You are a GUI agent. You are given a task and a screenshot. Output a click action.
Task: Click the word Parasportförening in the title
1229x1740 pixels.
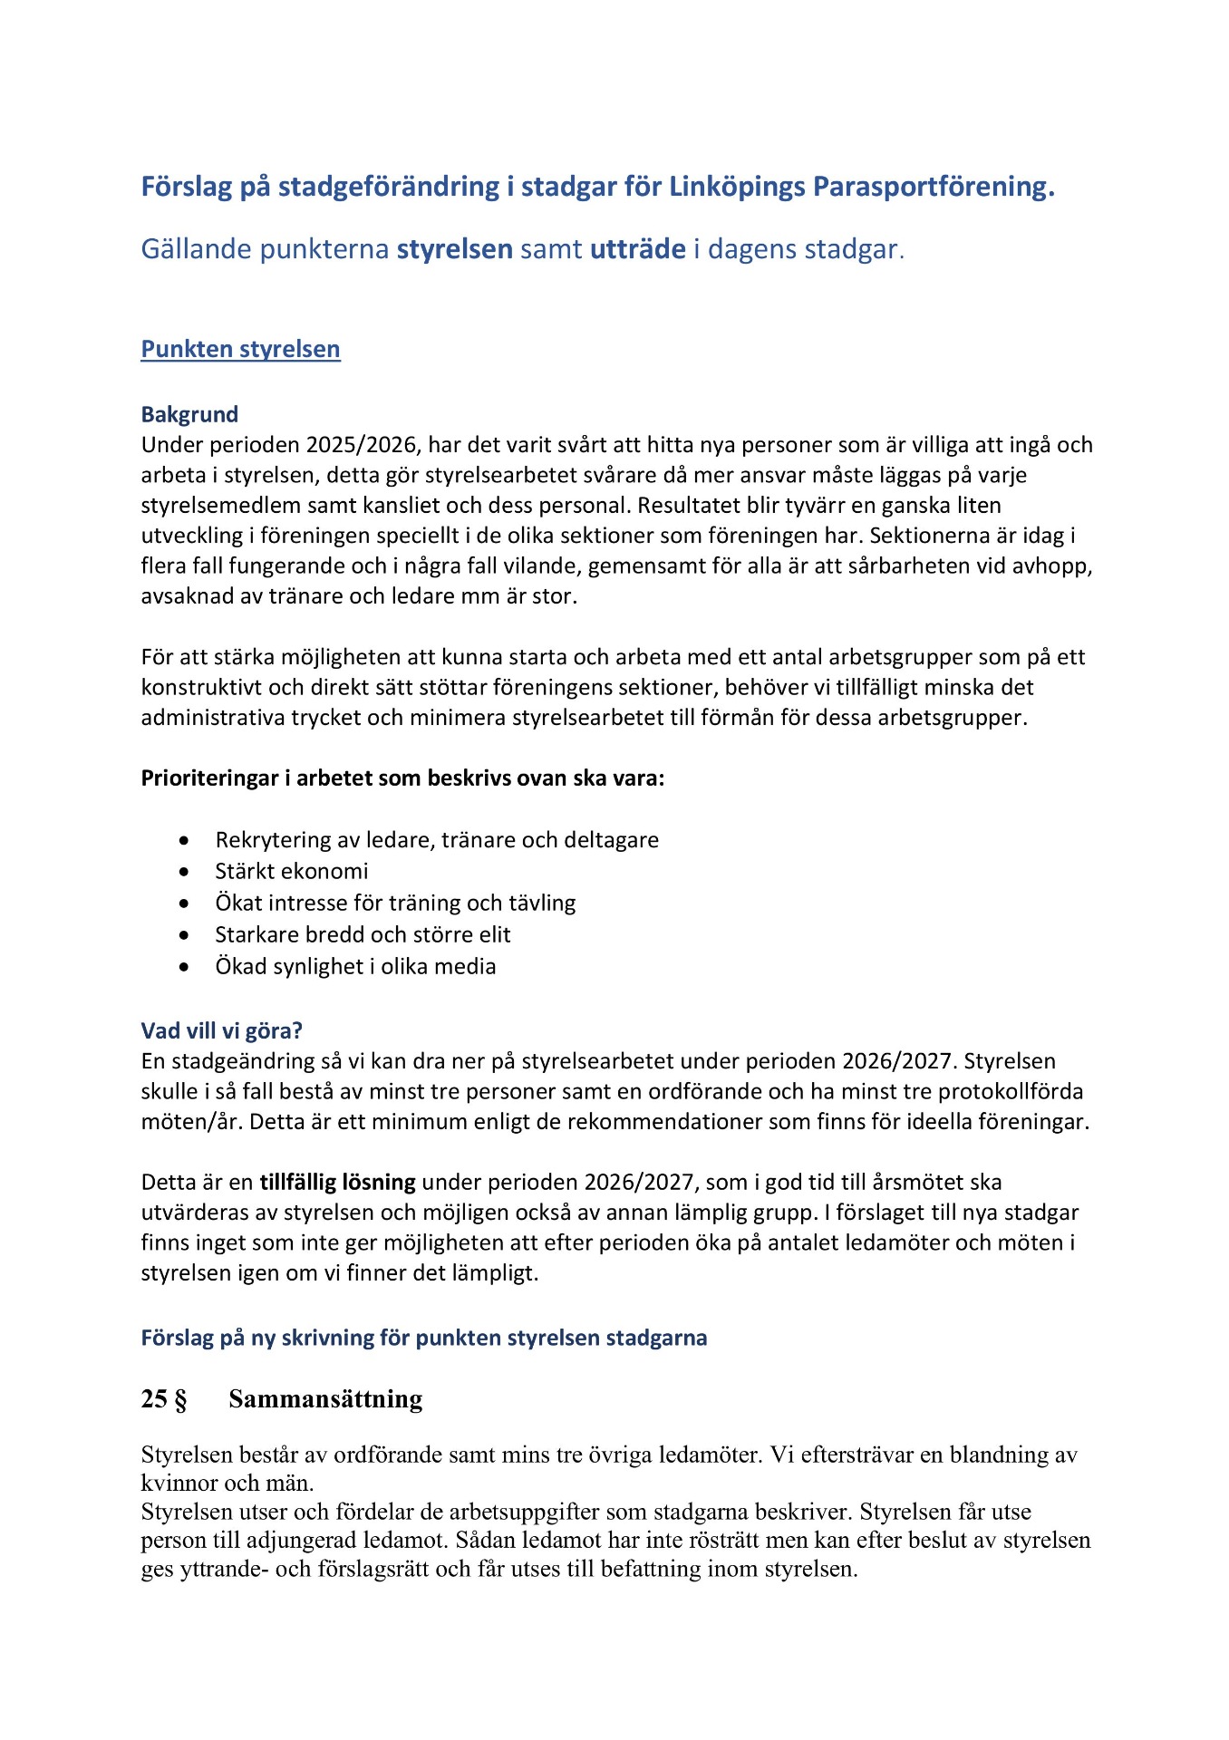click(933, 187)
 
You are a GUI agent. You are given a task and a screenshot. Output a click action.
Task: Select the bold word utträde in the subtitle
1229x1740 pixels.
click(637, 249)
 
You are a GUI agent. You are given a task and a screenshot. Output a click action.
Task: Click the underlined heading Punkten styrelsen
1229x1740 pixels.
click(240, 350)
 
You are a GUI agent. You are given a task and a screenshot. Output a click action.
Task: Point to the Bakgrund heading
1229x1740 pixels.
click(189, 414)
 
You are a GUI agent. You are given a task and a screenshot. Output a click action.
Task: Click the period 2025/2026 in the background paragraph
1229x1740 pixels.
click(363, 445)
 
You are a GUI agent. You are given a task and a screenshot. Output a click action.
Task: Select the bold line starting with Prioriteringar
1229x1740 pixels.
click(402, 778)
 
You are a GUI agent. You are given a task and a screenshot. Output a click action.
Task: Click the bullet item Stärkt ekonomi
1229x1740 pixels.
click(291, 872)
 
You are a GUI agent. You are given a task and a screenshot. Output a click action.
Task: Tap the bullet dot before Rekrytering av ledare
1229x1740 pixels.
click(185, 841)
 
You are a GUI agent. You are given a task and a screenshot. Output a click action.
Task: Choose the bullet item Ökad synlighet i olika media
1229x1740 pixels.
click(355, 967)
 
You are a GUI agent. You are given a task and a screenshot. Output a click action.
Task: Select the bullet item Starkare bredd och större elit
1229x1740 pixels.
click(363, 935)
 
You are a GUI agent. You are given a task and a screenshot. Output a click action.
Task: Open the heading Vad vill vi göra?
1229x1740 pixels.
click(221, 1030)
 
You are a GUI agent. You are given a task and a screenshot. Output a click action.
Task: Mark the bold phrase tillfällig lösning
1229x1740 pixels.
click(337, 1183)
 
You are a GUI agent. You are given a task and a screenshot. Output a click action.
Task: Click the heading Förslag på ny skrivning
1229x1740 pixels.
click(423, 1338)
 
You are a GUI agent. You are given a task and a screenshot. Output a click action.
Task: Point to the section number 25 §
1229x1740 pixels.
click(164, 1399)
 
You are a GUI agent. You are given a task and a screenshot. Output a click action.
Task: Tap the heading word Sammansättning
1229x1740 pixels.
click(325, 1399)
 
